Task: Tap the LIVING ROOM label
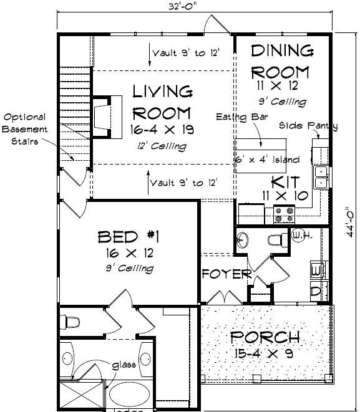click(162, 103)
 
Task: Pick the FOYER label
click(226, 274)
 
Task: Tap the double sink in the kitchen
click(321, 176)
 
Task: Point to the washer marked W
click(316, 271)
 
